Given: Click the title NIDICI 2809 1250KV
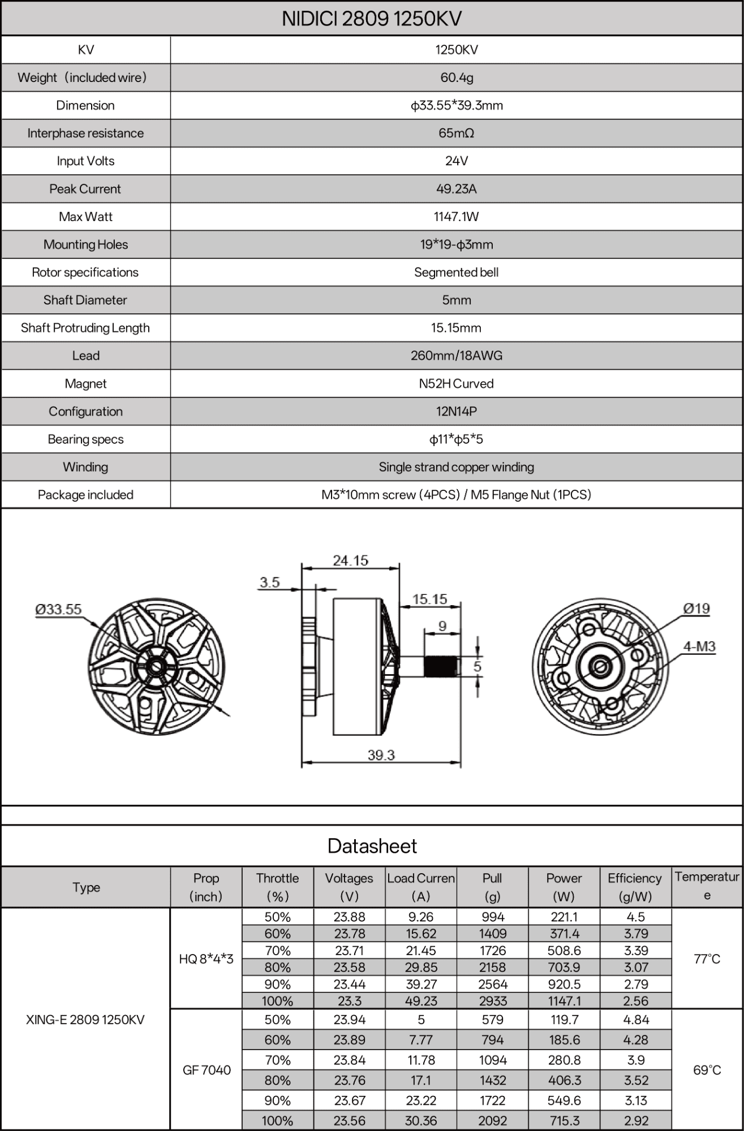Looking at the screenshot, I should [372, 19].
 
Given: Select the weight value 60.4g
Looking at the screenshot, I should [456, 77].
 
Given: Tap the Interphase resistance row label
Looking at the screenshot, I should [85, 133].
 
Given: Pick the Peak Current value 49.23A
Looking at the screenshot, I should [456, 189].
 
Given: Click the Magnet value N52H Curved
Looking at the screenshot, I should [456, 383].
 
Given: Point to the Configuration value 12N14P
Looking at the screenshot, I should [456, 411].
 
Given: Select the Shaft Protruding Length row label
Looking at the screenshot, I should [85, 328].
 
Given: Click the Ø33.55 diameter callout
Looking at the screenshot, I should [58, 609].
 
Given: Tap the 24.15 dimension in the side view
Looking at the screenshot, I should [350, 560].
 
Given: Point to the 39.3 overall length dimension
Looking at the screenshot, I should [381, 755].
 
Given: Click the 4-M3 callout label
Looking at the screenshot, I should [699, 646].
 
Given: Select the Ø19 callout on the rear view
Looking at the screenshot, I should [696, 608].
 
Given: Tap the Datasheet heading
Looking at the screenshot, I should [372, 846].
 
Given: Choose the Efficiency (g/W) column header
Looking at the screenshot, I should [635, 887].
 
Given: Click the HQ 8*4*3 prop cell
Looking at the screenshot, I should [206, 959].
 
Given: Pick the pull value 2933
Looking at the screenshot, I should [492, 1001].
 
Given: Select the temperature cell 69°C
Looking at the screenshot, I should [707, 1070].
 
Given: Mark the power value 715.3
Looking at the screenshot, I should [564, 1120].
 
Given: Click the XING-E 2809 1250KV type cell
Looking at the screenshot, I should [85, 1020].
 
